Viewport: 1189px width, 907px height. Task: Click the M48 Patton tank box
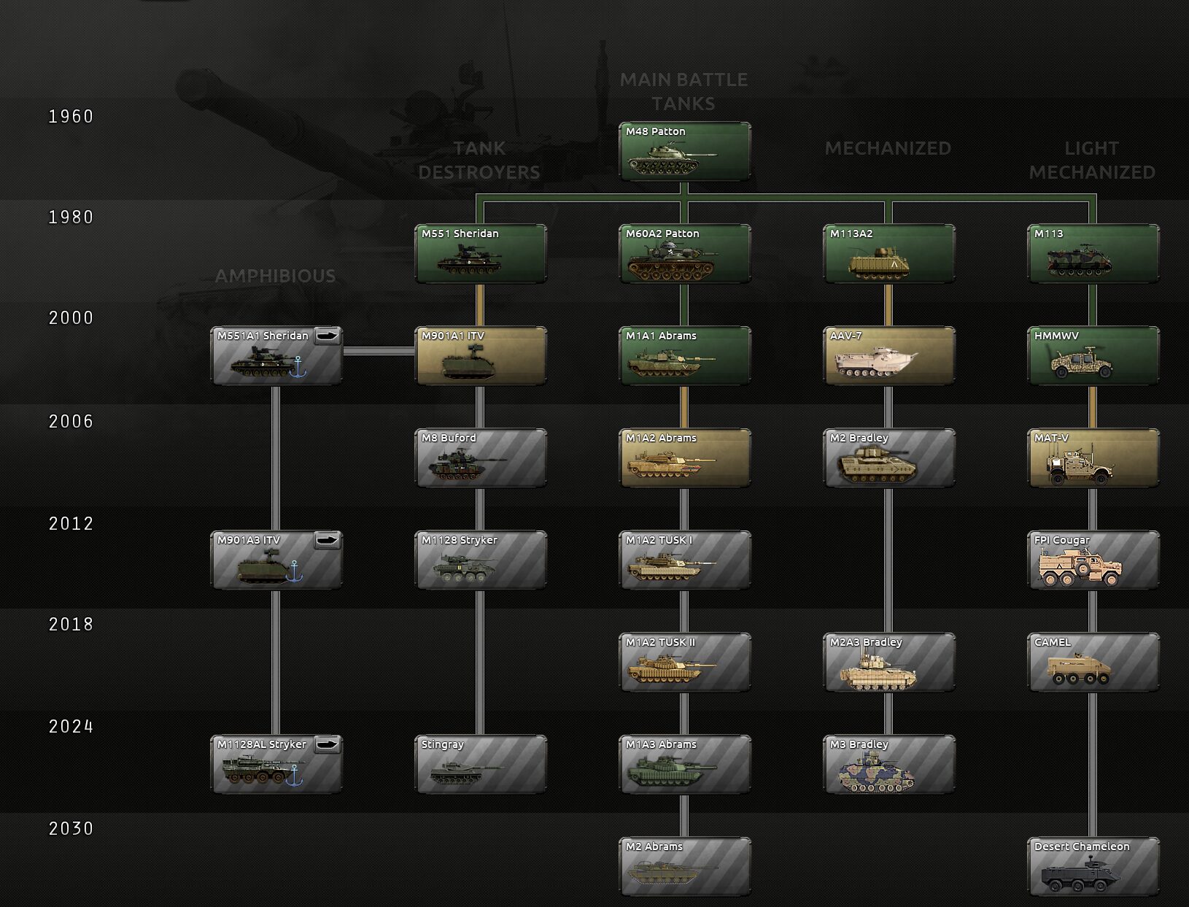[x=685, y=151]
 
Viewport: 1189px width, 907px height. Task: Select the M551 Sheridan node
[x=481, y=254]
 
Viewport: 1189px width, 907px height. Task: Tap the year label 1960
[x=71, y=117]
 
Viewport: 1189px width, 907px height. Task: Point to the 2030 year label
[x=71, y=828]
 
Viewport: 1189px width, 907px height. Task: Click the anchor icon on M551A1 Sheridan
[x=298, y=366]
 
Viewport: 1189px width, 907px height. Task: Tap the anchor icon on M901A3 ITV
[x=294, y=571]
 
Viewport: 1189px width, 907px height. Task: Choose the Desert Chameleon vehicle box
[x=1093, y=866]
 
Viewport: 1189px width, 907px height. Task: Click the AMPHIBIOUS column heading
[x=275, y=276]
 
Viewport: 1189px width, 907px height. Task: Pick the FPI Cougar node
[x=1093, y=560]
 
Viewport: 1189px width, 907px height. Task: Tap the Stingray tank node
[x=481, y=764]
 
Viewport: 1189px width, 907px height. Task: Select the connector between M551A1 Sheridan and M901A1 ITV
[x=379, y=351]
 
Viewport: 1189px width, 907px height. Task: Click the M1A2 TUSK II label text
[x=660, y=642]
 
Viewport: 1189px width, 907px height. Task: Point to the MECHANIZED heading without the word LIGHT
[x=888, y=148]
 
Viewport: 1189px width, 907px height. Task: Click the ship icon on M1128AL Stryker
[x=328, y=744]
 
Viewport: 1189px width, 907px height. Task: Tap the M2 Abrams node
[x=685, y=866]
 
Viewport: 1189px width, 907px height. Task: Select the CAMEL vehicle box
[x=1093, y=662]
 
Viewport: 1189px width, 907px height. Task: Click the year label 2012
[x=71, y=523]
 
